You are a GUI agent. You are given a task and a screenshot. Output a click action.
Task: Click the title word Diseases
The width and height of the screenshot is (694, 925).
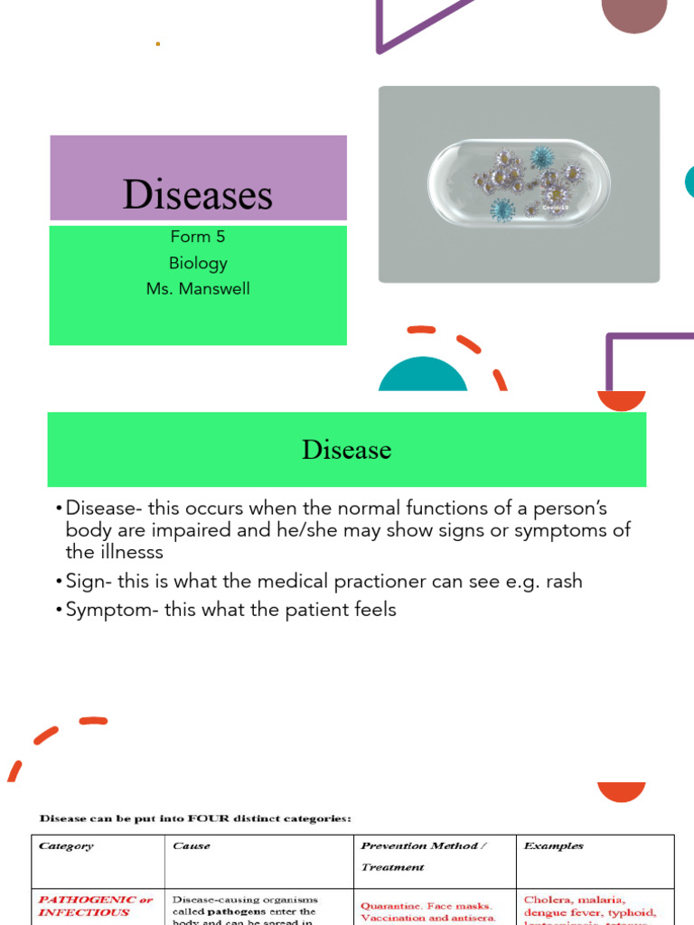(198, 194)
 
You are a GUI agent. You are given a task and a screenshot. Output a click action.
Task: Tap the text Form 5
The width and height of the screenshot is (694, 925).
(198, 237)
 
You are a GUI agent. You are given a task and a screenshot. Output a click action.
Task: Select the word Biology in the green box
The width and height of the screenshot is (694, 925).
(198, 263)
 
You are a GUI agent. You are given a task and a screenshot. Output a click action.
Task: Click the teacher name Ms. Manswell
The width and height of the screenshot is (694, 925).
(198, 289)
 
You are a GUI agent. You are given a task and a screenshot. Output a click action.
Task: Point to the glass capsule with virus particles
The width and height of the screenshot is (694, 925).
(519, 184)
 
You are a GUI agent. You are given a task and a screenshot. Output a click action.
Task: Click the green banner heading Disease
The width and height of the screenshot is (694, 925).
(346, 449)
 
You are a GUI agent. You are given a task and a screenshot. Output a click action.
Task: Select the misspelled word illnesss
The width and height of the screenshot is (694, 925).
(127, 551)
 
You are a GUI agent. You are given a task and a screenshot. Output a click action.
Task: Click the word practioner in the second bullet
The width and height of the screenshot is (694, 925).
(372, 581)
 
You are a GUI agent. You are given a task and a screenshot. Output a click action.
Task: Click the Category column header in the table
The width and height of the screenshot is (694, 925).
(65, 846)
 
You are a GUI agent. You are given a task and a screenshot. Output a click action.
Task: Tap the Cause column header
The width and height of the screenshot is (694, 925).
(191, 846)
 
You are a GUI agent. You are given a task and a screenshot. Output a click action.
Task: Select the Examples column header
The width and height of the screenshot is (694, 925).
(553, 846)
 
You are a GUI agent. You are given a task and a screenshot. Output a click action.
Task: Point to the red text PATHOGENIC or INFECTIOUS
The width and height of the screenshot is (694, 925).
(95, 906)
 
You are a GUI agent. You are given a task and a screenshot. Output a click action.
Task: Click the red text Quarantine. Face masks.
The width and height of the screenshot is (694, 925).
(426, 905)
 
